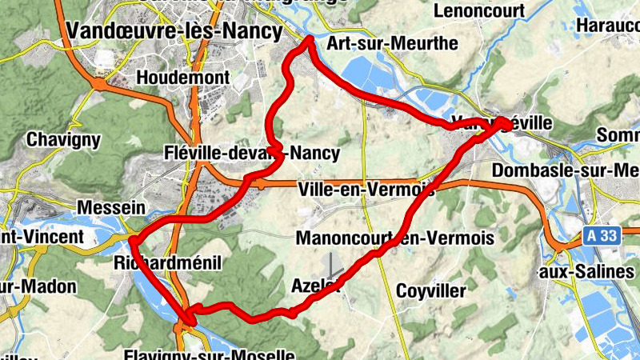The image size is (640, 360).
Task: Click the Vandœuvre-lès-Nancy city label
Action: click(175, 31)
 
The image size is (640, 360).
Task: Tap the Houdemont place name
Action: click(183, 78)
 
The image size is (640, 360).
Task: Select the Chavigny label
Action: click(64, 139)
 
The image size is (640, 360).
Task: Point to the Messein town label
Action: click(111, 208)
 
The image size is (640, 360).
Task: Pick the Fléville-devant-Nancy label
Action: click(251, 153)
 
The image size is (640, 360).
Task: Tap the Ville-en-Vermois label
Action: click(366, 190)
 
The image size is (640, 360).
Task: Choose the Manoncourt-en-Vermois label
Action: click(395, 238)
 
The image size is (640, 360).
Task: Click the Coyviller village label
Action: click(436, 289)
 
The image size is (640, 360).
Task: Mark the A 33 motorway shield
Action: click(590, 236)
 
